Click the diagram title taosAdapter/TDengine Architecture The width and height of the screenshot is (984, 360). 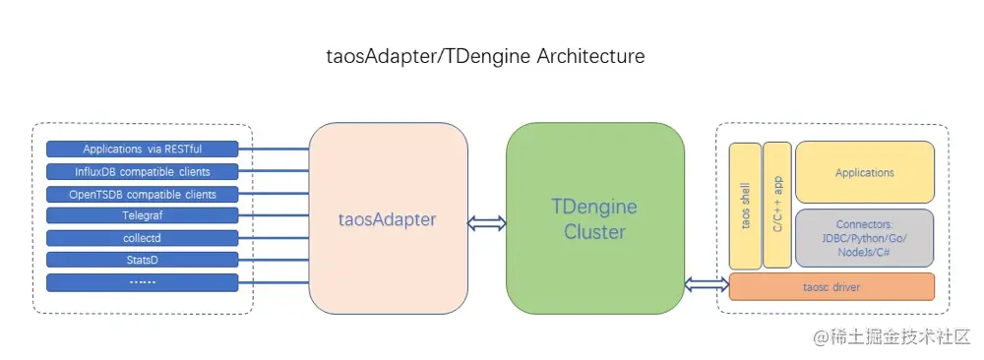(x=485, y=56)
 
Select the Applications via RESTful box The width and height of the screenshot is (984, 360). (x=143, y=150)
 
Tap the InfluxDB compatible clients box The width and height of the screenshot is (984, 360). (x=143, y=172)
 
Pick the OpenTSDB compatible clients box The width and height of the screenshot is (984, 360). (x=143, y=194)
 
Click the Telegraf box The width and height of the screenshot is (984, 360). (x=143, y=215)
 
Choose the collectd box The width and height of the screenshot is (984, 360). (x=143, y=238)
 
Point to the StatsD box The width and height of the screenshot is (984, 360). (x=143, y=260)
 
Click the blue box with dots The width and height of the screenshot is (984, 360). (x=143, y=282)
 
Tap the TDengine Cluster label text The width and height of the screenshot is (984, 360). (x=594, y=219)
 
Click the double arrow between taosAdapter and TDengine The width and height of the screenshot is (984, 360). (x=487, y=223)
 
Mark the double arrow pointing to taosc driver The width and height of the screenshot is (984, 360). (x=707, y=285)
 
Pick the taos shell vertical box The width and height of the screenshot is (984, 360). (x=745, y=206)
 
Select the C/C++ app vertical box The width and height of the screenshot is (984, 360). (x=777, y=206)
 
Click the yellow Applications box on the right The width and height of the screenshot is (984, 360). (x=864, y=172)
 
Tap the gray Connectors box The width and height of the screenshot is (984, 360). (x=864, y=237)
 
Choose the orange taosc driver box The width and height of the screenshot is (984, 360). (x=831, y=286)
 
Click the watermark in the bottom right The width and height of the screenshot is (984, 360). (x=891, y=337)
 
